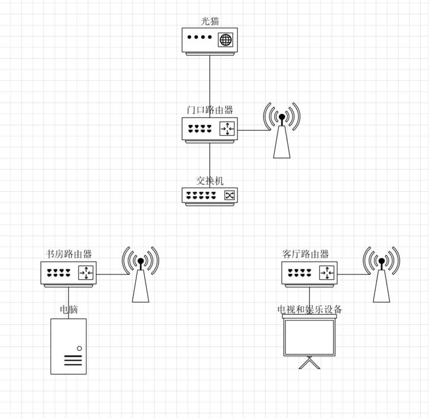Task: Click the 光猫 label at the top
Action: (210, 21)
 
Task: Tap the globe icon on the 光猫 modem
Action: (225, 40)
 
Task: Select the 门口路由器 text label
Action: (210, 110)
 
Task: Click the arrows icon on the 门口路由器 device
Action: (227, 128)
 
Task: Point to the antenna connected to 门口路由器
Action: (282, 130)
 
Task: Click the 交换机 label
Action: (210, 180)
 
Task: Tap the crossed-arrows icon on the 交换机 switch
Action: (229, 195)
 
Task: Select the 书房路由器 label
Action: (69, 254)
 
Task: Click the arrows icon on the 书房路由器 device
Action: (86, 273)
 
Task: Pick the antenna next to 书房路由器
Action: (141, 274)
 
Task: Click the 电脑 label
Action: (69, 309)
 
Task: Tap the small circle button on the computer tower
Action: (80, 348)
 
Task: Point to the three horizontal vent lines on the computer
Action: (73, 360)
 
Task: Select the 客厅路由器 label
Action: (306, 254)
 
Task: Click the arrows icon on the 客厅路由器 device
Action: (327, 273)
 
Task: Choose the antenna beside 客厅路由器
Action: (382, 274)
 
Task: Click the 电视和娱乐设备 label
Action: (310, 309)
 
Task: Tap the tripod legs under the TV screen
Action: (310, 363)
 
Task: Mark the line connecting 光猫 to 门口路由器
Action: (210, 87)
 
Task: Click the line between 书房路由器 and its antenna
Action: (113, 274)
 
